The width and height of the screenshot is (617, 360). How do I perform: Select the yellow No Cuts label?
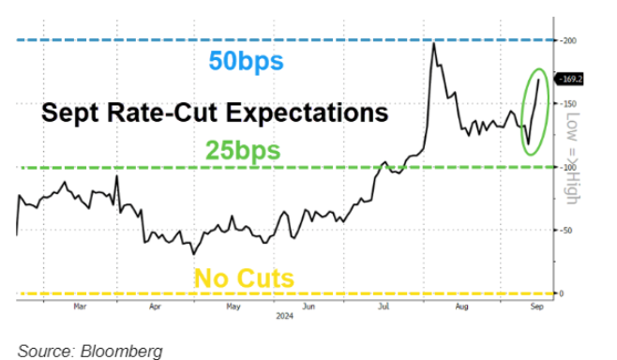[x=243, y=277]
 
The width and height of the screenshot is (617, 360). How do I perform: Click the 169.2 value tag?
[x=571, y=80]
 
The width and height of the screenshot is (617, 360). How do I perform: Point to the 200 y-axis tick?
[x=568, y=40]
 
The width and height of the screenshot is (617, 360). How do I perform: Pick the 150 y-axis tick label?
[x=568, y=104]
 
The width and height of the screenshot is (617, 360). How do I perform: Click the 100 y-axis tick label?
[x=568, y=167]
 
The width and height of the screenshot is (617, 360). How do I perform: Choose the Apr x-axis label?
[x=156, y=306]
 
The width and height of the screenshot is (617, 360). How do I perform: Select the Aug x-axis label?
[x=459, y=306]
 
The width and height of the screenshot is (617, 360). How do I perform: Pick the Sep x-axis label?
[x=536, y=306]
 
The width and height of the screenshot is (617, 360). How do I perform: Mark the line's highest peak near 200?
[x=433, y=43]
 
